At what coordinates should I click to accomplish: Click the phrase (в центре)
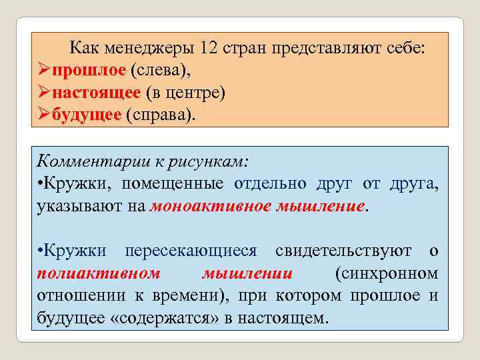tap(184, 92)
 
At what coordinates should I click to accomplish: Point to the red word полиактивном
tap(99, 273)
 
